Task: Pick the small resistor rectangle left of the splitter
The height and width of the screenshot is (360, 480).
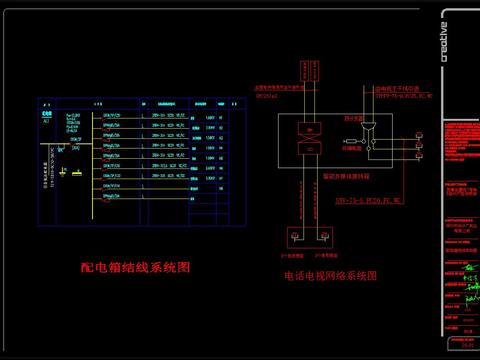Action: pyautogui.click(x=350, y=142)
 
